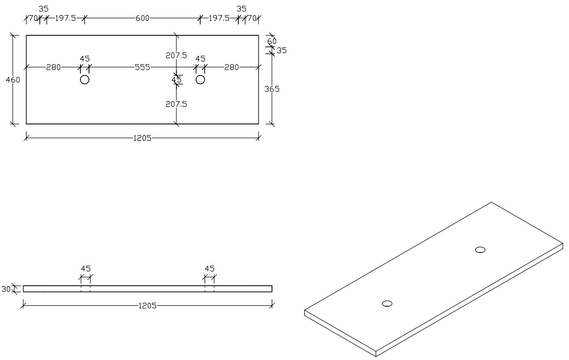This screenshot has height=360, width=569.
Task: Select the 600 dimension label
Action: click(142, 18)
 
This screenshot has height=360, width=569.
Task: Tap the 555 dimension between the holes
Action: click(142, 67)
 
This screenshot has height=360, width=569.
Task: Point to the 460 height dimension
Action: click(13, 80)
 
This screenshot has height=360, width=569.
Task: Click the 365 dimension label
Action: click(272, 89)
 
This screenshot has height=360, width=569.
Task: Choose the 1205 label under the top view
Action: click(142, 138)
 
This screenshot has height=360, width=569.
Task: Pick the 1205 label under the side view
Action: click(147, 305)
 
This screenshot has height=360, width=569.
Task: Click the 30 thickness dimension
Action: click(6, 289)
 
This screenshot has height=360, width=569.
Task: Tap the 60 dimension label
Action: click(272, 41)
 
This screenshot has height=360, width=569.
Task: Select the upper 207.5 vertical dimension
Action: click(176, 55)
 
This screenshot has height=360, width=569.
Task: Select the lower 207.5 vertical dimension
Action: click(176, 104)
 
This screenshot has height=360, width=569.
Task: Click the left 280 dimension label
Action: click(53, 67)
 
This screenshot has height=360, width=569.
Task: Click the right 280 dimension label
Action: click(232, 67)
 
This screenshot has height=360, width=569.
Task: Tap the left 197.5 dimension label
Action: click(66, 18)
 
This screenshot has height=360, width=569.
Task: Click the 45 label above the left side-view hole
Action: click(86, 269)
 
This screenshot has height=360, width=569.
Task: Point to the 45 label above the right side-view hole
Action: click(210, 269)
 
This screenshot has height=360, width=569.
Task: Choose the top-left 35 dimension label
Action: click(43, 9)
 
